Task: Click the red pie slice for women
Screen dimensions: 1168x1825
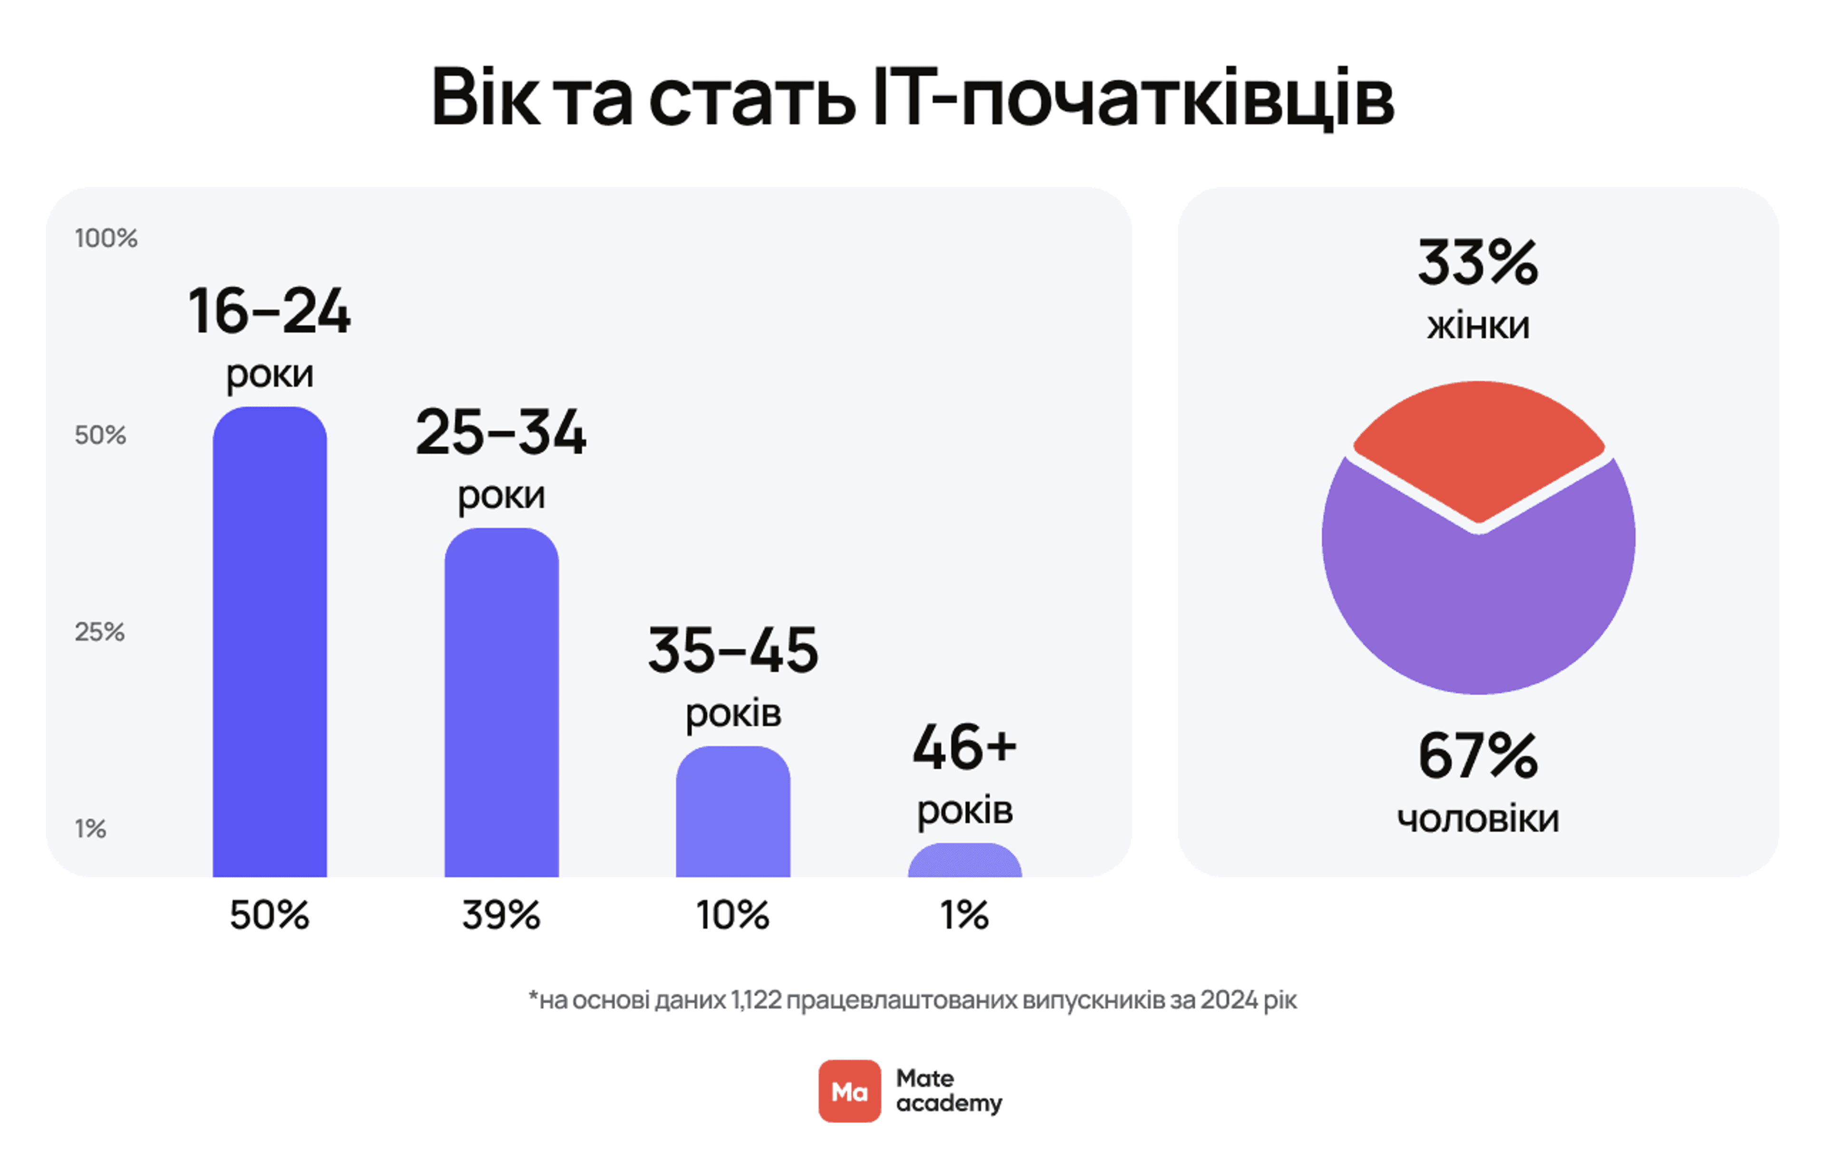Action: coord(1479,447)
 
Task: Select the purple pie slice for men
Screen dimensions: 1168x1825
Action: coord(1479,607)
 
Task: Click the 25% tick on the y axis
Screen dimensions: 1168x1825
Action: coord(99,632)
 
